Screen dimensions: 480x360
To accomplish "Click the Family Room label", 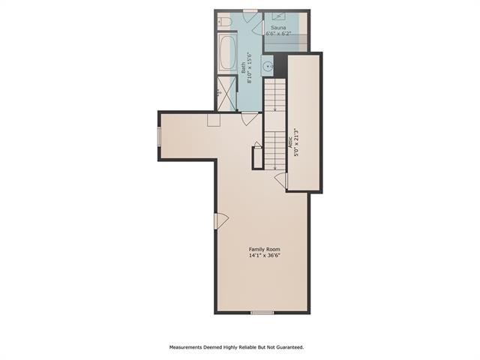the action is (264, 249).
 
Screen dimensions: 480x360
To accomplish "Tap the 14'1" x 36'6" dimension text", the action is (264, 255).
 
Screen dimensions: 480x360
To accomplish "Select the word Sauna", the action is (278, 28).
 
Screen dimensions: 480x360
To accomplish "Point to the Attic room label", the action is (290, 142).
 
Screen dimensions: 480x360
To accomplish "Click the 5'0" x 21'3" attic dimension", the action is (296, 142).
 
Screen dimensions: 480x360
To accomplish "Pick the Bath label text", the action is (243, 67).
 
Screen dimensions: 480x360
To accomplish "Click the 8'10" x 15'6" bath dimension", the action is (249, 67).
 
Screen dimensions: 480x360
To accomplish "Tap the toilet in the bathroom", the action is (224, 22).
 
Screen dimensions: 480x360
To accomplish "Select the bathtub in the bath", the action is (227, 53).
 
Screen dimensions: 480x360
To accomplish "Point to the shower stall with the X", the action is (226, 93).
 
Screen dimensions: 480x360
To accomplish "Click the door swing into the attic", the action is (281, 181).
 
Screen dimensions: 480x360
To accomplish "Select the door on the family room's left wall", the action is (221, 220).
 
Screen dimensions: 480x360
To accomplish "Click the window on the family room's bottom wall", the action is (262, 313).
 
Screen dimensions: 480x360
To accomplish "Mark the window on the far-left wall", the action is (159, 136).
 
